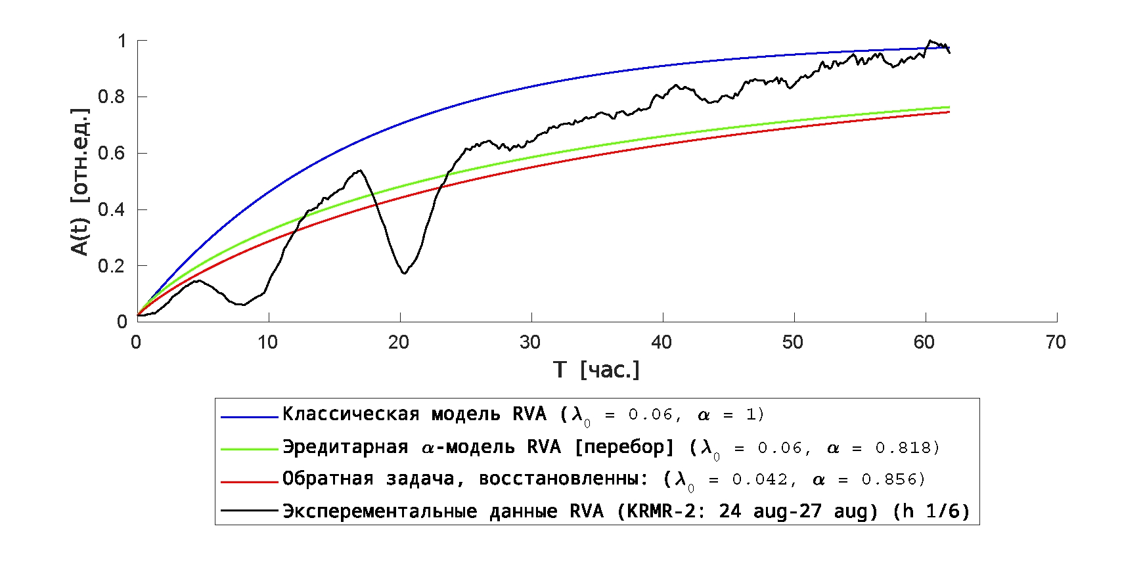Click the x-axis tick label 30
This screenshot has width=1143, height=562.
[530, 342]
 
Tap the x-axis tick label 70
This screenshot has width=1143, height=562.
[1056, 342]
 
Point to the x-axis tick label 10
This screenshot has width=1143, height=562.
[267, 342]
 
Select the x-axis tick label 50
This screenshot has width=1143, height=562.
[793, 342]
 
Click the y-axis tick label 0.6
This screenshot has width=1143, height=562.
[111, 153]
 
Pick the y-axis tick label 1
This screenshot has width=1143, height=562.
[122, 41]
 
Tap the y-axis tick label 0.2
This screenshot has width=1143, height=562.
[111, 266]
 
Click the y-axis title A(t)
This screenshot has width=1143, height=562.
[80, 238]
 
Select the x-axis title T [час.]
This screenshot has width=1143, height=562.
[596, 370]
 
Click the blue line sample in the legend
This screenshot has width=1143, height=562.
[249, 416]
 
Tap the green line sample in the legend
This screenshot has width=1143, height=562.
[249, 449]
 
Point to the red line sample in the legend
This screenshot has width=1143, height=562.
[249, 481]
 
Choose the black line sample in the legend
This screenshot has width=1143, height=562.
[249, 510]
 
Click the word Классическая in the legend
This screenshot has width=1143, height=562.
[351, 414]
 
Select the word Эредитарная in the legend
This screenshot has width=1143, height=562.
[345, 447]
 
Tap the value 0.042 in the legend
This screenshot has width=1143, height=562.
[759, 480]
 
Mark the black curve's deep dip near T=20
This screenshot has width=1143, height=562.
[404, 273]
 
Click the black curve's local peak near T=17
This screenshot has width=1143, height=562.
[360, 170]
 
